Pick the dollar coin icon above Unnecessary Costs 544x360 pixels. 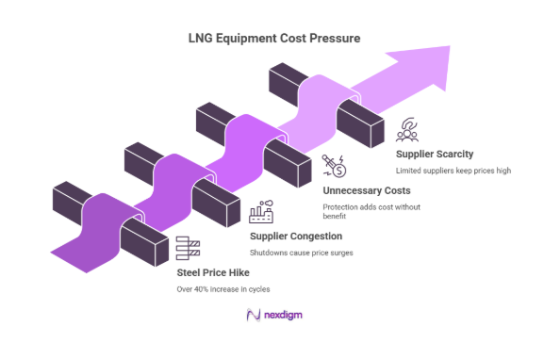[334, 168]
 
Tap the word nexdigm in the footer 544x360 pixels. [282, 315]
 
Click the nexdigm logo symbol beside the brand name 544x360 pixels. [252, 315]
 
